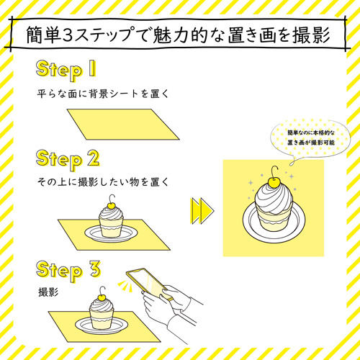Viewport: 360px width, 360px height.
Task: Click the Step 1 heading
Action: coord(66,70)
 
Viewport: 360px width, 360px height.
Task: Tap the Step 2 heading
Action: coord(68,159)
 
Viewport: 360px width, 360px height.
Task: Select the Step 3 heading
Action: coord(68,270)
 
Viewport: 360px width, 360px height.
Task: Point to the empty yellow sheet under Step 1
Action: coord(123,125)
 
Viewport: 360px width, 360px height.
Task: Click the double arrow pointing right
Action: coord(202,211)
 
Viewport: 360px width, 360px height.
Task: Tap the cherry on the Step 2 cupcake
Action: coord(111,205)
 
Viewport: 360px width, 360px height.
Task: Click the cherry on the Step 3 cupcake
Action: coord(102,297)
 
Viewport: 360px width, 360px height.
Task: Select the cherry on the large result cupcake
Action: coord(273,183)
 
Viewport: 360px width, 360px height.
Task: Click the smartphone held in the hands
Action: coord(150,284)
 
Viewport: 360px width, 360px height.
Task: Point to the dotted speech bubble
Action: coord(310,139)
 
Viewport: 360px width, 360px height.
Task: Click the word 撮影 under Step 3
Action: coord(48,292)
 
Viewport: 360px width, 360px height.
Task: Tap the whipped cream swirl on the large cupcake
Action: coord(274,201)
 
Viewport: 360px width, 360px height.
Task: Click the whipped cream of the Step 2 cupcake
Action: coord(111,214)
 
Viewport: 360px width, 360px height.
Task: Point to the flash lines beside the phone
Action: coord(125,286)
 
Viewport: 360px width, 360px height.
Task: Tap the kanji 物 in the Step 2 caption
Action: coord(135,182)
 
